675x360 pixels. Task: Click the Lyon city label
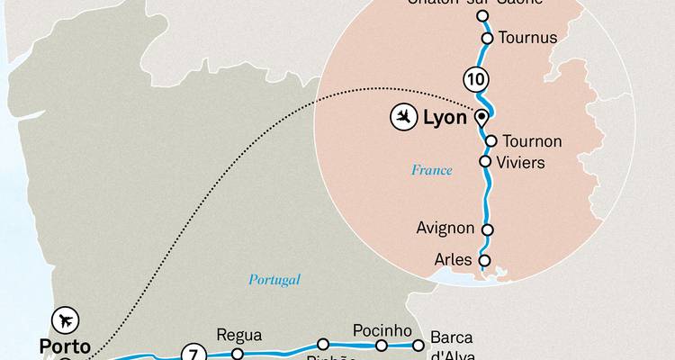click(x=445, y=117)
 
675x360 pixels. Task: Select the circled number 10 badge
click(x=475, y=79)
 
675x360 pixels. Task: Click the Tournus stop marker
click(x=487, y=38)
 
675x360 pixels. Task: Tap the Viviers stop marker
click(x=485, y=162)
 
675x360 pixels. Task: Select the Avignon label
click(x=445, y=229)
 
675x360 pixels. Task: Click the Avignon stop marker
click(x=487, y=229)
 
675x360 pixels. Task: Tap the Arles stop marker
click(x=484, y=261)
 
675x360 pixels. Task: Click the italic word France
click(x=431, y=170)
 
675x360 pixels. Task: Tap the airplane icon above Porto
click(x=65, y=319)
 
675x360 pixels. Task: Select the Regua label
click(x=239, y=336)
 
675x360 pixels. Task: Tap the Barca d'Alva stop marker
click(x=418, y=345)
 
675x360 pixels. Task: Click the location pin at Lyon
click(x=481, y=117)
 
